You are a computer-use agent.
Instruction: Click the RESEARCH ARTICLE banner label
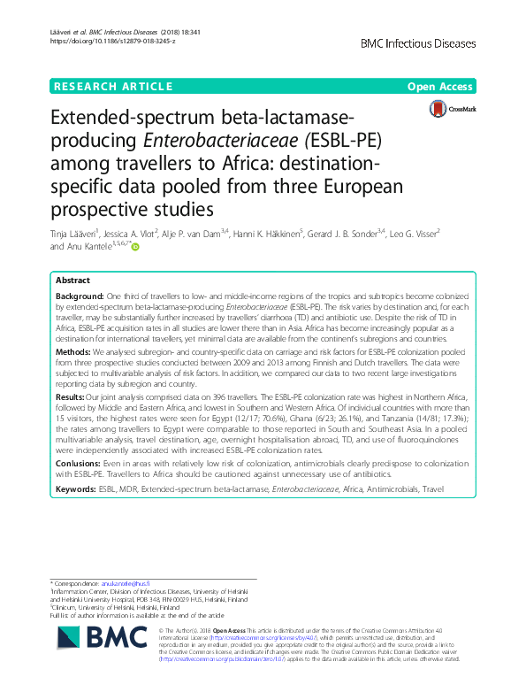pos(112,87)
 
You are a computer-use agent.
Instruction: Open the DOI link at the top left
pos(107,42)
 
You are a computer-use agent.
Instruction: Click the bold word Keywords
pos(79,488)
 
